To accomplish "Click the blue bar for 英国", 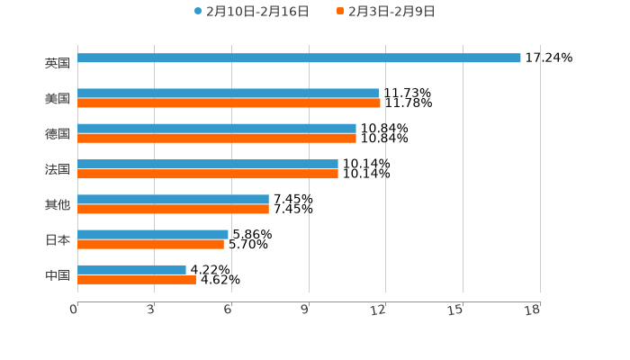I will coord(299,58).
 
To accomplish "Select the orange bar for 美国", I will coord(229,103).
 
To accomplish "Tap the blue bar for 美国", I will coord(228,93).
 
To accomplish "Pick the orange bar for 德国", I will coord(217,139).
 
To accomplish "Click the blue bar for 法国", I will coord(208,164).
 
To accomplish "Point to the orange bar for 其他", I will coord(173,209).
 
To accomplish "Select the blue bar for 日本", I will coord(153,234).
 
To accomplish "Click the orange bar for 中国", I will coord(137,280).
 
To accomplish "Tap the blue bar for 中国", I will coord(131,269).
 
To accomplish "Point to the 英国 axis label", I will coord(58,63).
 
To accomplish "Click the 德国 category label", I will coord(58,134).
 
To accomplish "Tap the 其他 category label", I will coord(58,204).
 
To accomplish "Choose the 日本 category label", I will coord(58,240).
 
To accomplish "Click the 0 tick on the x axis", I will coord(74,310).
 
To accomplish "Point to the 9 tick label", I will coord(305,310).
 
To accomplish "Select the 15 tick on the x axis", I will coord(457,310).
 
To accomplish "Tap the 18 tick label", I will coord(533,310).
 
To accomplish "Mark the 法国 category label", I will coord(58,169).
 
